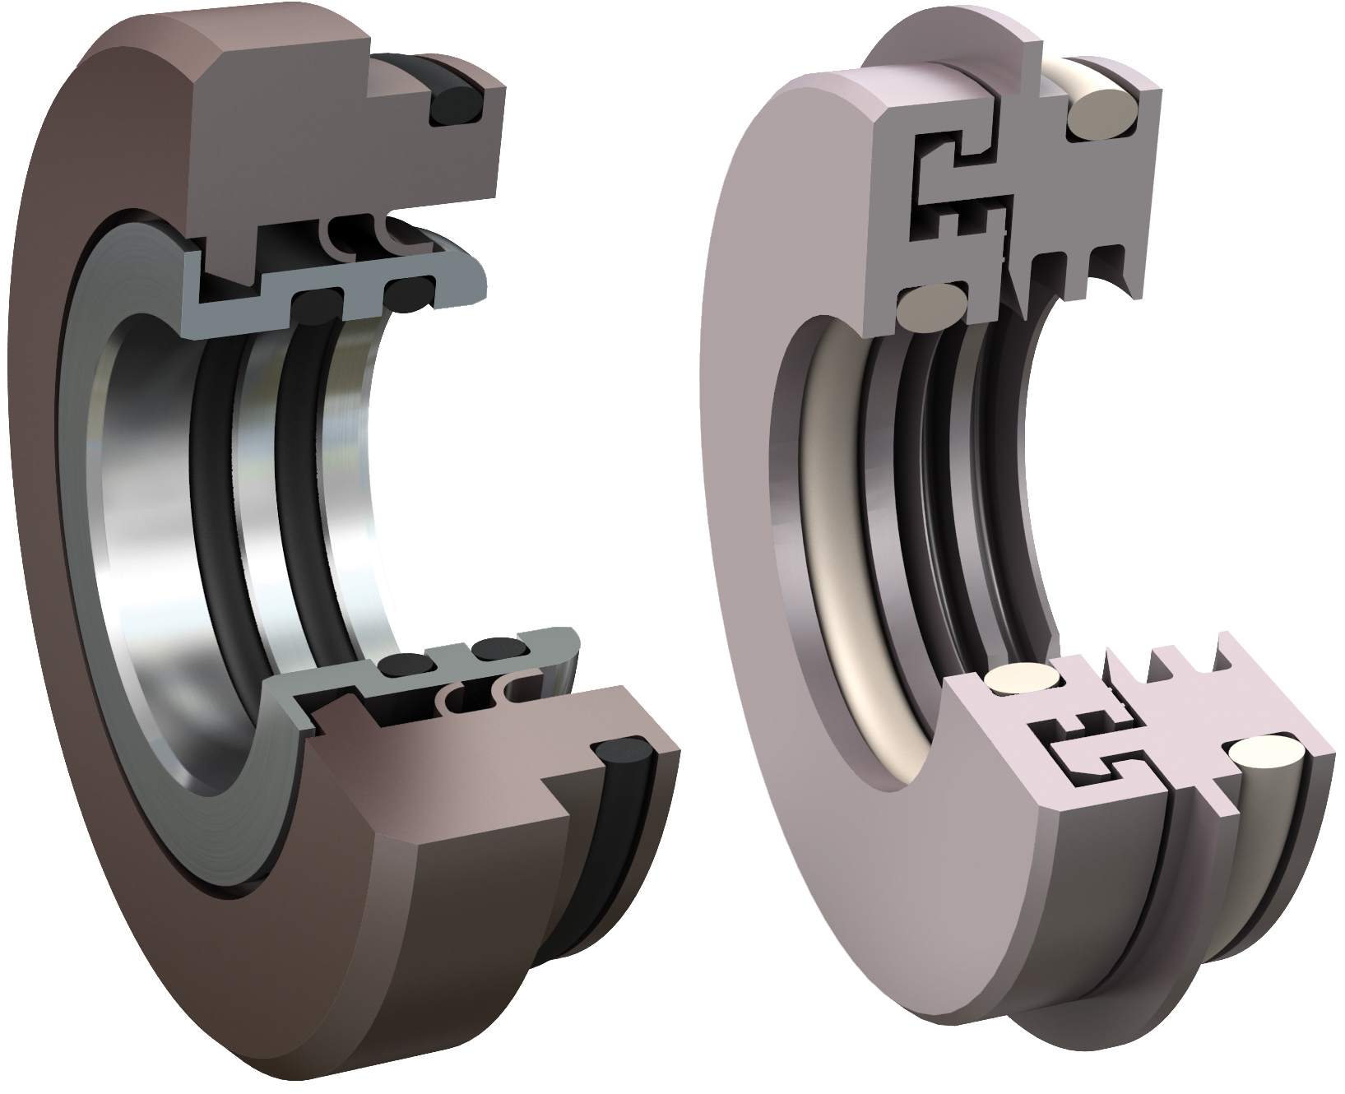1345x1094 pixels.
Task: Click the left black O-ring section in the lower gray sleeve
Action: [x=401, y=665]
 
